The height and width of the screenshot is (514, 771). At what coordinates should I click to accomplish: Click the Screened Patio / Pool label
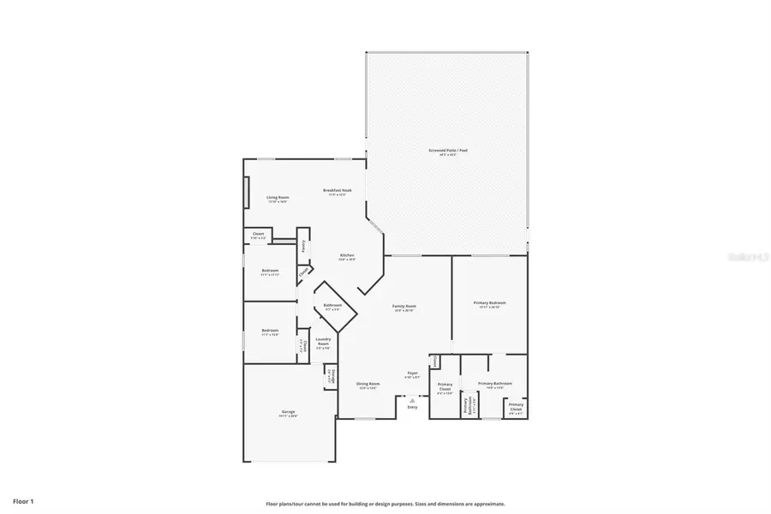[448, 151]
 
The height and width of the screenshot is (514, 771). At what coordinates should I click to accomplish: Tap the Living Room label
[277, 198]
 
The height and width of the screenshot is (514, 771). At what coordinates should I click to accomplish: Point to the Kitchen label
[347, 255]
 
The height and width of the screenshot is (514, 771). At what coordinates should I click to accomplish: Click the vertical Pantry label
[303, 246]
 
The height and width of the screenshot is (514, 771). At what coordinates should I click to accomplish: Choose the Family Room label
[404, 307]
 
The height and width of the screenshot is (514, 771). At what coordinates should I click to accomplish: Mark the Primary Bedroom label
[489, 303]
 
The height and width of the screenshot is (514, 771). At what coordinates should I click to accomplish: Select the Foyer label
[412, 374]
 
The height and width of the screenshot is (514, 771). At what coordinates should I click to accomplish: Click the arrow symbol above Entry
[412, 399]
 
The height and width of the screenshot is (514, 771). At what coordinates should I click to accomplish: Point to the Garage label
[288, 412]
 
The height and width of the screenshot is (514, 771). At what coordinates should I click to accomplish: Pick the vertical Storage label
[329, 376]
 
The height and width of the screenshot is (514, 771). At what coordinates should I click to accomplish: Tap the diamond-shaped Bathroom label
[332, 306]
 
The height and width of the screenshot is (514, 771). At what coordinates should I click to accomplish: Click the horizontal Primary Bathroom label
[494, 384]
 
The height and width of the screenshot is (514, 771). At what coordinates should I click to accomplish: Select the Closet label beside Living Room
[257, 235]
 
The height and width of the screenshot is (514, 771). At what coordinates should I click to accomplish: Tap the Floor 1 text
[23, 499]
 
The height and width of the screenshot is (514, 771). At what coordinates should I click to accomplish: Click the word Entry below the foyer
[412, 408]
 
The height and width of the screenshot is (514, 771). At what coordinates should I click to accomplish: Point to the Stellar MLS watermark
[747, 255]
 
